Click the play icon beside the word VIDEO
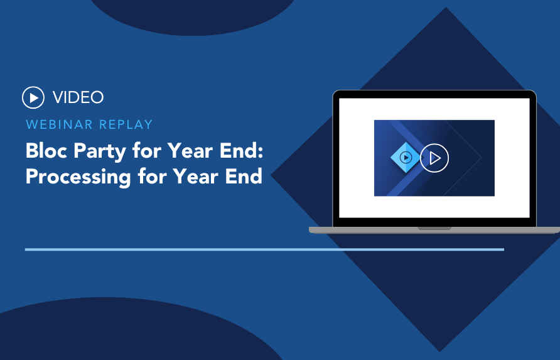[x=33, y=97]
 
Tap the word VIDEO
[x=78, y=97]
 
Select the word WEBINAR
[x=59, y=124]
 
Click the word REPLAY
[x=126, y=124]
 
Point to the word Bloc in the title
[x=46, y=151]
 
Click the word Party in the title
[x=100, y=151]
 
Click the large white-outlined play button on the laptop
[x=434, y=158]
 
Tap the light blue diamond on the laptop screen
[x=406, y=157]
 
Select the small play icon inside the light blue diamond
[x=406, y=157]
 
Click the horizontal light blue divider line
[x=265, y=249]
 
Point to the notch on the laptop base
[x=434, y=228]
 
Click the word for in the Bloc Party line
[x=146, y=151]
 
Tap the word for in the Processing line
[x=152, y=177]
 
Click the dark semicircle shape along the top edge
[x=193, y=16]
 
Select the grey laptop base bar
[x=434, y=230]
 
